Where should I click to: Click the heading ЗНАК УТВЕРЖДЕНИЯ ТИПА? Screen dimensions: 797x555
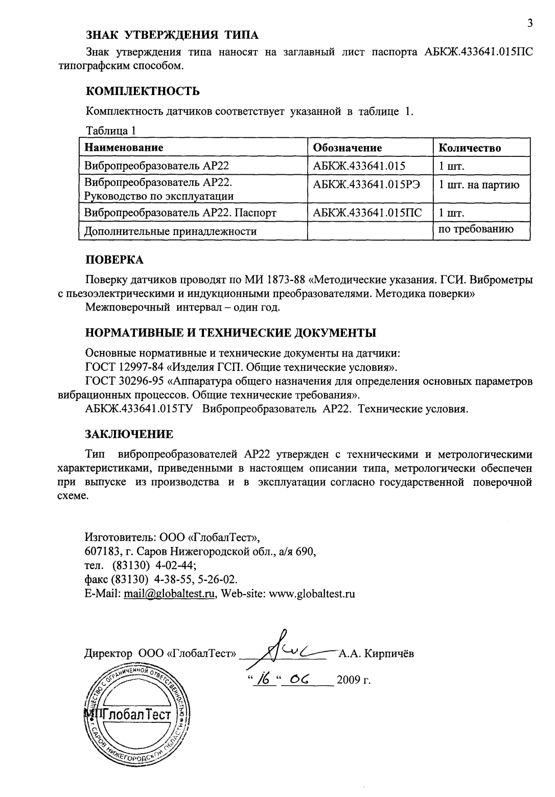coord(172,35)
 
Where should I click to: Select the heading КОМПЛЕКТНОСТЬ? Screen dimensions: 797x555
coord(142,91)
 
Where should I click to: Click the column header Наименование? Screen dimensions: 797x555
coord(124,148)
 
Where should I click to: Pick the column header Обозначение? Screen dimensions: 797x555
coord(347,148)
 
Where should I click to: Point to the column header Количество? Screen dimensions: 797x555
coord(469,148)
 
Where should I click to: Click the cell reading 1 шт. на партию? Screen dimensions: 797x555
coord(479,185)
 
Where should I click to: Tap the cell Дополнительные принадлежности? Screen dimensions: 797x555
coord(170,231)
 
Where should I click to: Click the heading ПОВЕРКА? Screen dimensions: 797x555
coord(114,260)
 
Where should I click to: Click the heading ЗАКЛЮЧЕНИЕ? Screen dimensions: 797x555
coord(129,434)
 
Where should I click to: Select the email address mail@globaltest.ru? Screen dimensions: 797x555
coord(169,594)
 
